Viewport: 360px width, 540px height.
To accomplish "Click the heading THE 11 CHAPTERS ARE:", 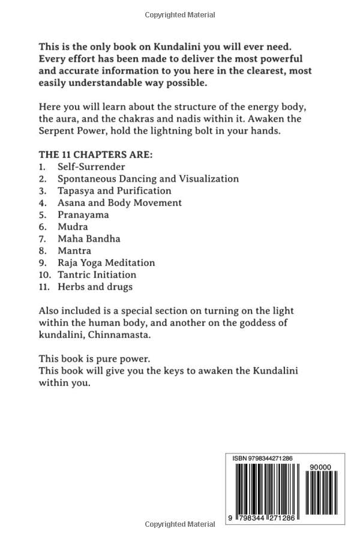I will tap(95, 154).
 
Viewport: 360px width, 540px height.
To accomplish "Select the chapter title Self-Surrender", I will tap(91, 166).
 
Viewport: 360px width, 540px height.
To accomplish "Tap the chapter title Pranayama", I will tap(83, 214).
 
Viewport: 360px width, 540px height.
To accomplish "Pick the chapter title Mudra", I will tap(73, 226).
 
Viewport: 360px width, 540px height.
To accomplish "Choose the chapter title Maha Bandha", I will tap(89, 238).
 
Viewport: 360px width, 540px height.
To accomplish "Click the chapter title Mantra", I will tap(74, 250).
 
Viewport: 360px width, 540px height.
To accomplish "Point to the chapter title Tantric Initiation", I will tap(97, 274).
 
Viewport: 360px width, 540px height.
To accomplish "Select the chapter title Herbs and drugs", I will tap(95, 286).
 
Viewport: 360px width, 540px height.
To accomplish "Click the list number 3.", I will tap(43, 190).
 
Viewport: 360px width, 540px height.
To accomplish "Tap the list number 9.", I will tap(43, 262).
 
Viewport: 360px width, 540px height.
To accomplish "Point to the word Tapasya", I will tap(76, 190).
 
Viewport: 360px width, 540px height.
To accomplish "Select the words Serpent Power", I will tap(73, 130).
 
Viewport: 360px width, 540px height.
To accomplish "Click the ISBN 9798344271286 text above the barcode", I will tap(263, 458).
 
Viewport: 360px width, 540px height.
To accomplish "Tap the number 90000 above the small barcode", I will tap(318, 466).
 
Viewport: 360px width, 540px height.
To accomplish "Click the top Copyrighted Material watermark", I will tap(180, 14).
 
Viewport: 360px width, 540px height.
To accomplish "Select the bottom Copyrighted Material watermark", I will tap(180, 524).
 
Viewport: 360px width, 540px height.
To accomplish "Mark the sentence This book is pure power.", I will tap(95, 358).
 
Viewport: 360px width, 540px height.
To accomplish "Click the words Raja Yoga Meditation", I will tap(106, 262).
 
